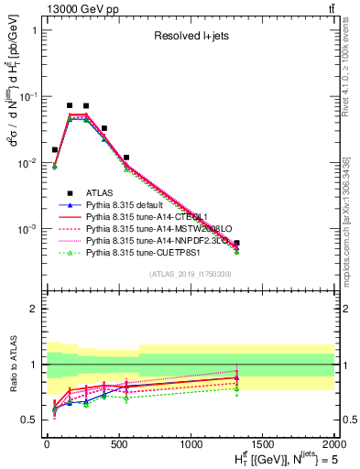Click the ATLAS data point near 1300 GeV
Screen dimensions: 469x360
pyautogui.click(x=236, y=243)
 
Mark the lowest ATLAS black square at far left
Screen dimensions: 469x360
pyautogui.click(x=55, y=149)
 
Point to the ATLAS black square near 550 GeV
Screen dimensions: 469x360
pyautogui.click(x=126, y=158)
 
